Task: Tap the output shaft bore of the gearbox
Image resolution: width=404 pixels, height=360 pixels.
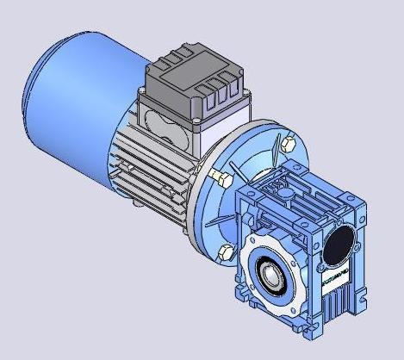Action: (x=278, y=276)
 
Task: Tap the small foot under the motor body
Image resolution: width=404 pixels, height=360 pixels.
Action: (x=136, y=204)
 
